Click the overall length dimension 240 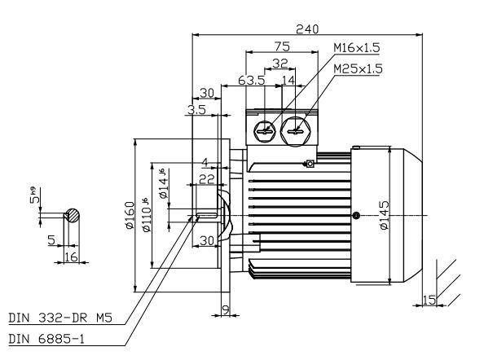(x=306, y=28)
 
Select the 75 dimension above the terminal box (x=283, y=46)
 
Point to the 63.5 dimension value (x=253, y=81)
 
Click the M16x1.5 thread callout (x=355, y=49)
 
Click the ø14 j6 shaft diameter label (x=163, y=187)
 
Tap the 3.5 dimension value (x=198, y=108)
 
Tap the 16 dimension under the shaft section (x=71, y=257)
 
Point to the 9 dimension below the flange (x=226, y=309)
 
